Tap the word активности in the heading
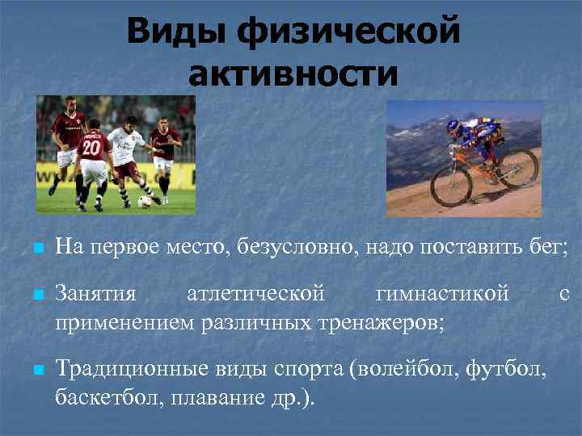coord(293,74)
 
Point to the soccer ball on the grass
coord(145,201)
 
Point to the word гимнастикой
coord(442,295)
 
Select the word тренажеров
coord(379,323)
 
